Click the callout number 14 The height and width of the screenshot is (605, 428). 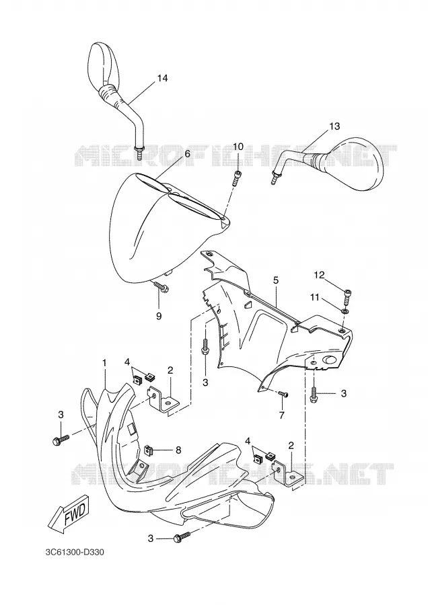163,79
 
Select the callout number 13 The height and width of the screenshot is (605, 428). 334,126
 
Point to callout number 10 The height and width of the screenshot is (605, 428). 238,147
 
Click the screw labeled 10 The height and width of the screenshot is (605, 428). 237,177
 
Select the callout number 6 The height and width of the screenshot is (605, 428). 187,153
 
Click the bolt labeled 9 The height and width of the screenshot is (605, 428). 162,286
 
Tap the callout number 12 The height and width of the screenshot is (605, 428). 319,275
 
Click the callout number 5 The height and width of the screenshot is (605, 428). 276,280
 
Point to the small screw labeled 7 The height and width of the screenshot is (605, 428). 283,394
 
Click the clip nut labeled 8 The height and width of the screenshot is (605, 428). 149,449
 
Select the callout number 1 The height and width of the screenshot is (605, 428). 104,363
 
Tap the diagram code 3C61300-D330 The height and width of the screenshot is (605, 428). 75,553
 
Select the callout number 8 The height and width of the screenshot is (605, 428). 178,450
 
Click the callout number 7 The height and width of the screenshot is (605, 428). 281,415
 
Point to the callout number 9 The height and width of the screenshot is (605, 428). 159,316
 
